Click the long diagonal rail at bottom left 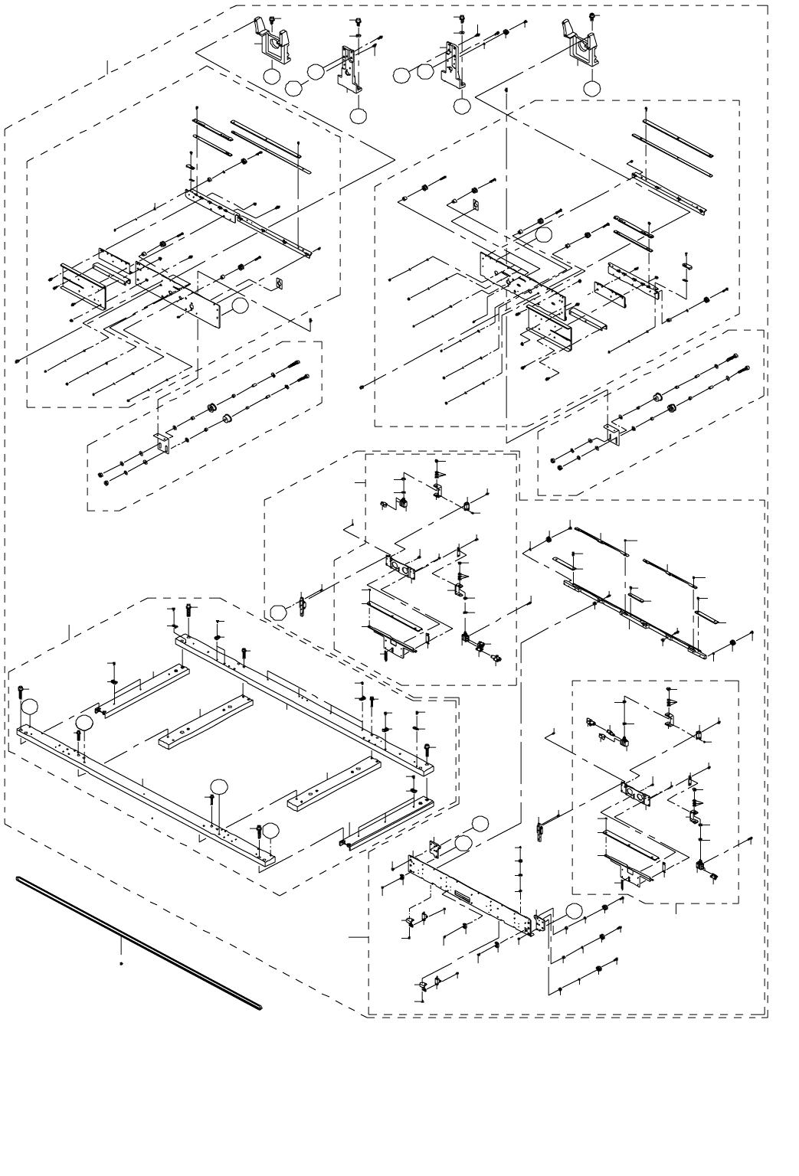click(138, 941)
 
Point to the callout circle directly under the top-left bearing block click(271, 77)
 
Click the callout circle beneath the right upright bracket click(461, 106)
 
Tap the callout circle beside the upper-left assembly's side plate click(241, 305)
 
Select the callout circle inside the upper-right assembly click(544, 235)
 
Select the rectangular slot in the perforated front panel click(463, 894)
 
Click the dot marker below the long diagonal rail click(122, 964)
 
